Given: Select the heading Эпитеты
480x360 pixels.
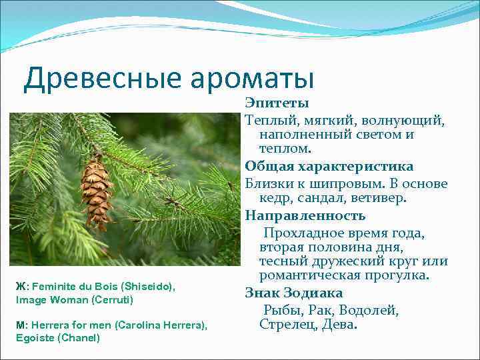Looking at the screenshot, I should pos(277,103).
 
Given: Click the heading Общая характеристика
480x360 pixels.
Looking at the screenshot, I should pos(329,166).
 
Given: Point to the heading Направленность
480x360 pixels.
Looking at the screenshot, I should pos(305,215).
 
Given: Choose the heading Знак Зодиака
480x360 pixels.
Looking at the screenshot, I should pos(293,293).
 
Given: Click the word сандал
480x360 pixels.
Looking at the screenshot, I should pos(324,198).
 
